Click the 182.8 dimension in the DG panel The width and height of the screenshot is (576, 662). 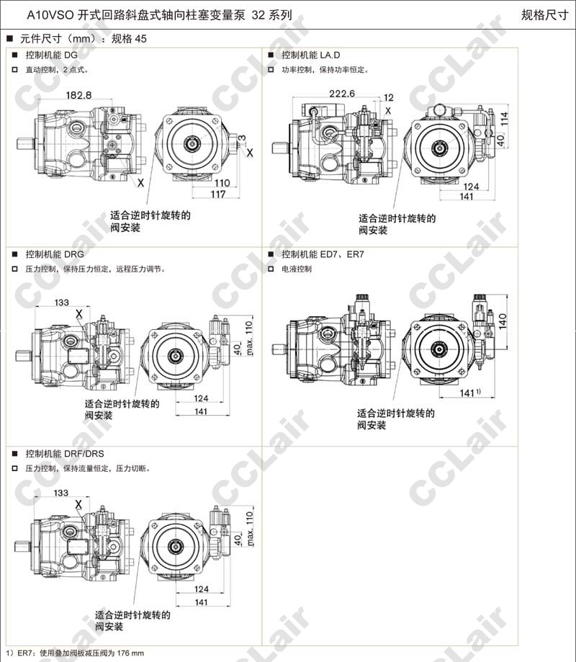78,95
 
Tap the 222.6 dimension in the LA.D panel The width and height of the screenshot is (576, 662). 342,94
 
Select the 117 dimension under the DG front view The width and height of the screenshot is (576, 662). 218,194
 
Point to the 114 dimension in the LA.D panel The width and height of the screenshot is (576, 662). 504,119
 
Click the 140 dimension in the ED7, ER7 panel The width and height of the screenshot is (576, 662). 503,321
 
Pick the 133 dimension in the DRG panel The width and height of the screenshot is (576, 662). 62,303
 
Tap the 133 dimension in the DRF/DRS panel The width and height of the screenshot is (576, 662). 61,493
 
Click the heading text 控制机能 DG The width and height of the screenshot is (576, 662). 52,55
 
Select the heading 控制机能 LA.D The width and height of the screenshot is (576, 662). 311,55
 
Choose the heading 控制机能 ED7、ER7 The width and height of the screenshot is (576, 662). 323,254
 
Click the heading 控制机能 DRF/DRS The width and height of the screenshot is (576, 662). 65,453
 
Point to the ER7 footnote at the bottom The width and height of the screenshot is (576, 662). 75,653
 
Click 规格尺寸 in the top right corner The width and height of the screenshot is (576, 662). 545,15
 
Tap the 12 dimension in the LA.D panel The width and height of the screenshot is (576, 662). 389,97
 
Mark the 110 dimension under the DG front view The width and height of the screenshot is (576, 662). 222,183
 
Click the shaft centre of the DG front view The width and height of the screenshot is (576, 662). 193,143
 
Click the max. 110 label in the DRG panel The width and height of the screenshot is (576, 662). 250,338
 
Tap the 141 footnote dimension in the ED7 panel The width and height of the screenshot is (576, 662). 470,393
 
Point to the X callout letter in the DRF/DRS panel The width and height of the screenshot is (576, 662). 78,504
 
